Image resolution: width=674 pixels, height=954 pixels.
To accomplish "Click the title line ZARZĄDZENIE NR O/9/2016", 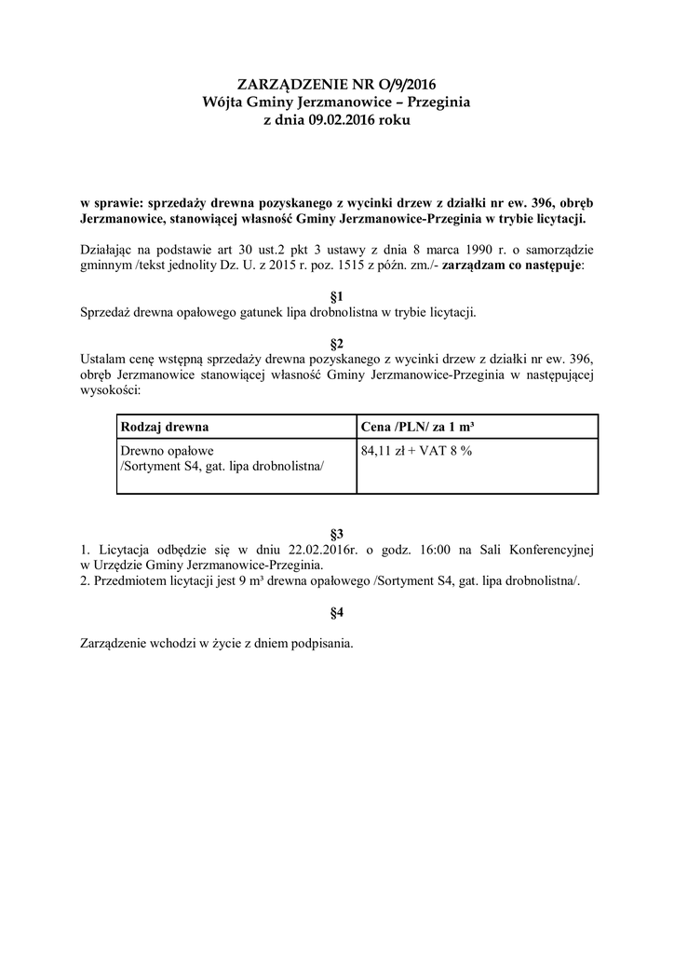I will coord(336,85).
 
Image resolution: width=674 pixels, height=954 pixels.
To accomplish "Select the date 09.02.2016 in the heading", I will coord(336,119).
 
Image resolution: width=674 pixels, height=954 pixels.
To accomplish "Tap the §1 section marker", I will coord(337,296).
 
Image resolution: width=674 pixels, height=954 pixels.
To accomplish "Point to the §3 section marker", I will coord(337,534).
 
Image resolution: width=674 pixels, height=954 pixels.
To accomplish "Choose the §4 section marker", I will coord(337,612).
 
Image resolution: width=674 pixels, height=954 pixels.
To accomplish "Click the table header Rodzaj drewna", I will coord(165,427).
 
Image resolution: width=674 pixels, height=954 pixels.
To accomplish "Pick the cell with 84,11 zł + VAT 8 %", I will coord(416,451).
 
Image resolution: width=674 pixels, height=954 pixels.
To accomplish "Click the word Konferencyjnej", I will coord(549,550).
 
